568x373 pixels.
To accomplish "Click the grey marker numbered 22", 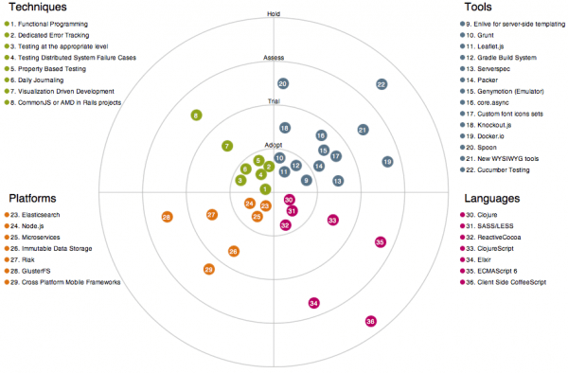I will point(381,84).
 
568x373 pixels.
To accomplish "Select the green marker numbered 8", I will point(196,115).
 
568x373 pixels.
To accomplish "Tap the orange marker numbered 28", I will point(167,218).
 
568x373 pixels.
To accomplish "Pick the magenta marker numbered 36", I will point(371,322).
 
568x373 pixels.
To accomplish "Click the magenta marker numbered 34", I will point(314,303).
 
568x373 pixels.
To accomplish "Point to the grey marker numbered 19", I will point(387,162).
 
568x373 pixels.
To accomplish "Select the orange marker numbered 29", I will point(209,270).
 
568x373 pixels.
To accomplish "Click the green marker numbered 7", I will point(226,146).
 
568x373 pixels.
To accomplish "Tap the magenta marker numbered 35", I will point(380,242).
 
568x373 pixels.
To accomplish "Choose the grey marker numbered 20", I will point(283,84).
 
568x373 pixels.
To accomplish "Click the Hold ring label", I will point(275,15).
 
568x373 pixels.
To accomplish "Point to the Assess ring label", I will point(275,59).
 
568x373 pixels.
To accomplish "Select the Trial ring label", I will point(275,101).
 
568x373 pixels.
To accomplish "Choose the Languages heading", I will point(491,199).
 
